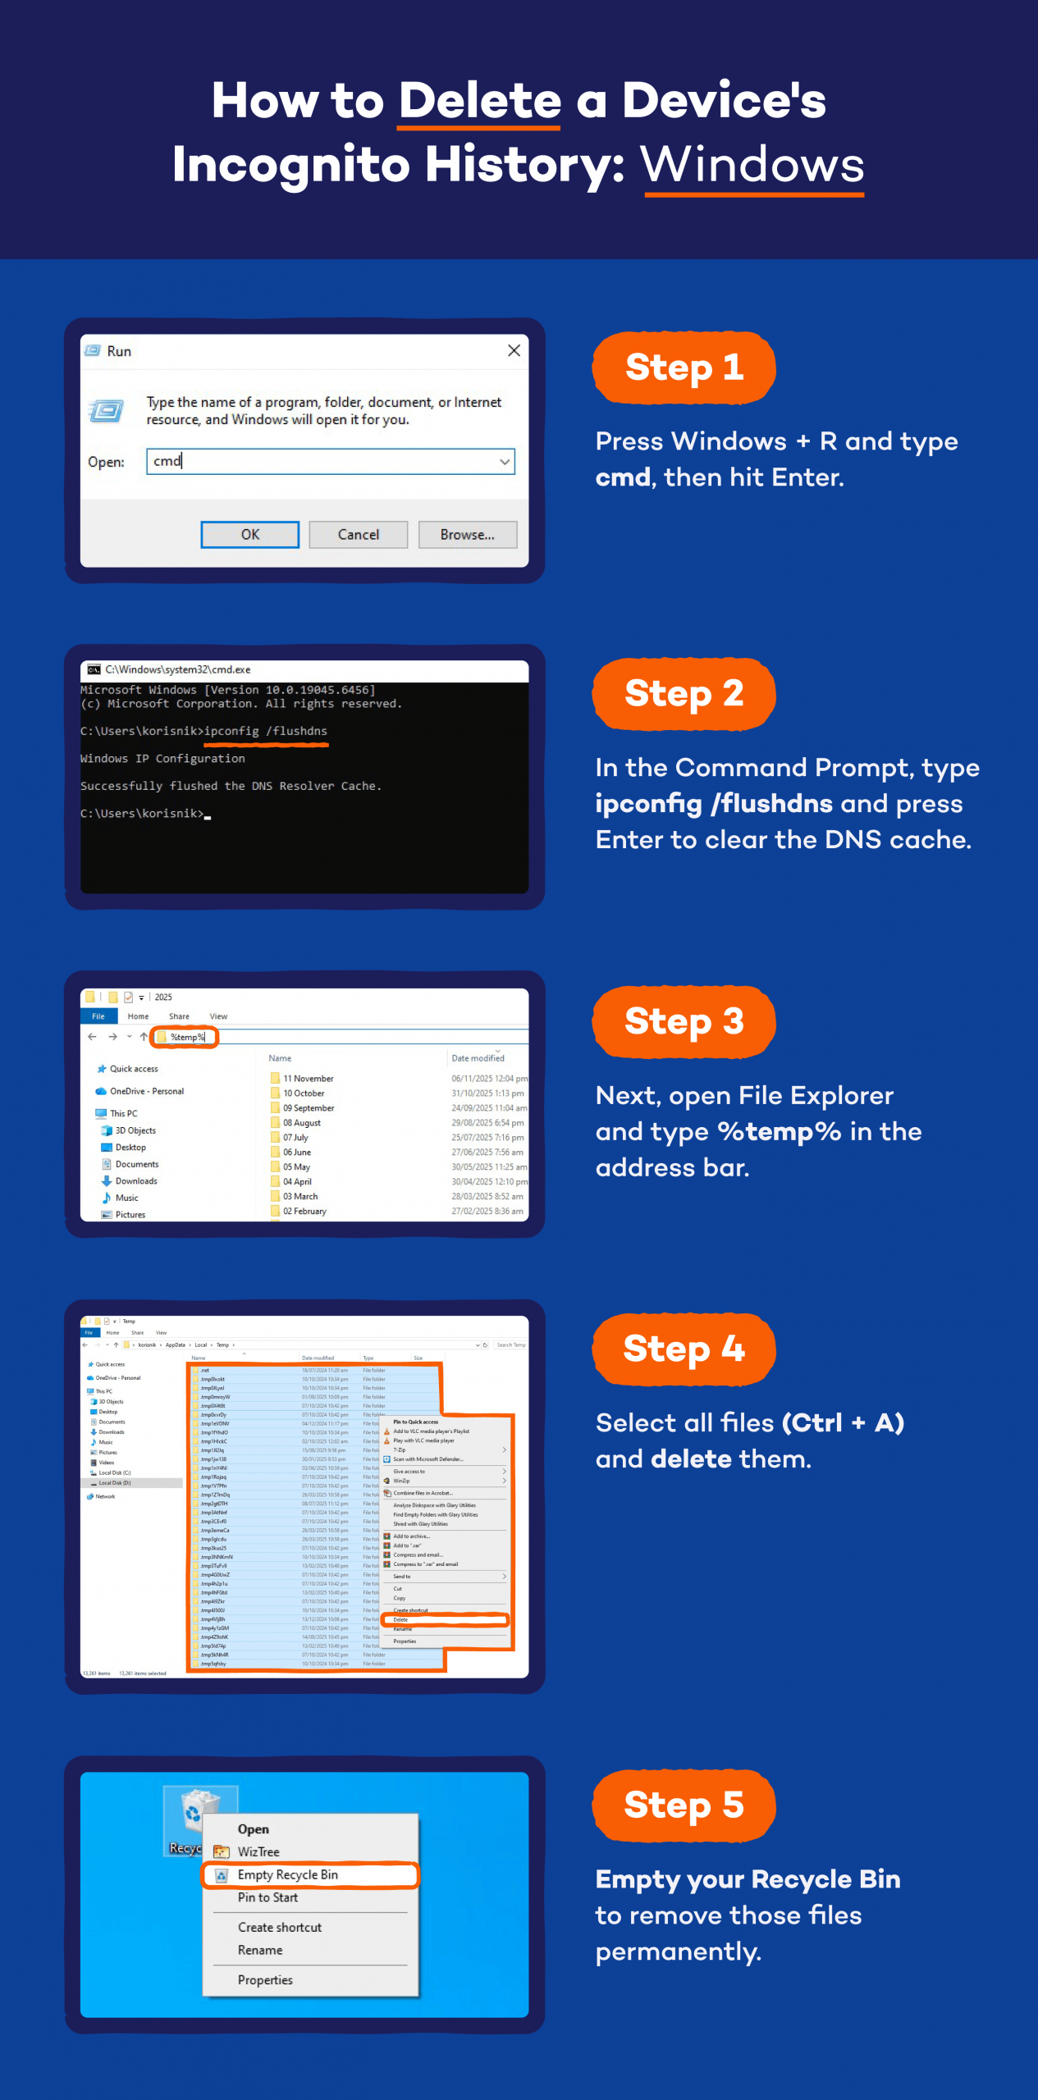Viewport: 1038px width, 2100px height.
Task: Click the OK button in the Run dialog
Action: pyautogui.click(x=249, y=534)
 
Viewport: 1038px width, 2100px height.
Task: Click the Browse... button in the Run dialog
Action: pyautogui.click(x=467, y=534)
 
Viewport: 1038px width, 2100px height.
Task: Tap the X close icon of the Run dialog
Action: pyautogui.click(x=514, y=350)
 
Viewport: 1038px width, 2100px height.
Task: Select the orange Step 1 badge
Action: pyautogui.click(x=684, y=367)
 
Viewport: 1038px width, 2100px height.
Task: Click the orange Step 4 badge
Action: pyautogui.click(x=684, y=1349)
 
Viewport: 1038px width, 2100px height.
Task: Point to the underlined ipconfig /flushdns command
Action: pyautogui.click(x=266, y=731)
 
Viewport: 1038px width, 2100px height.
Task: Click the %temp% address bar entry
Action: pyautogui.click(x=187, y=1037)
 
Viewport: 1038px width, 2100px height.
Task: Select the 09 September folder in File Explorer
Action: pyautogui.click(x=309, y=1107)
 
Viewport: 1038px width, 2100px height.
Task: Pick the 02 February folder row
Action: pyautogui.click(x=304, y=1211)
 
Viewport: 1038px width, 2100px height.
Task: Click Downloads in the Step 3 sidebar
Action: pyautogui.click(x=135, y=1180)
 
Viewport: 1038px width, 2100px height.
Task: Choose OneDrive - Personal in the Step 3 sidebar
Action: pyautogui.click(x=146, y=1091)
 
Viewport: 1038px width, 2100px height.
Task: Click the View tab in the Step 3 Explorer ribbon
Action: pyautogui.click(x=218, y=1016)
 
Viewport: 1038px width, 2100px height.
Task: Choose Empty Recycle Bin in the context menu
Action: pyautogui.click(x=288, y=1874)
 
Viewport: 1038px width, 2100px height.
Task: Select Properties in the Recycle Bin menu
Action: pyautogui.click(x=265, y=1979)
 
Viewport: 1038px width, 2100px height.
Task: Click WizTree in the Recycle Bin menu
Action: pyautogui.click(x=258, y=1851)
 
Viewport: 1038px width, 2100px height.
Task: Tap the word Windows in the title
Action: pyautogui.click(x=752, y=165)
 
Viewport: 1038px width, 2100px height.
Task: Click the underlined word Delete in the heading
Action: pyautogui.click(x=479, y=101)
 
